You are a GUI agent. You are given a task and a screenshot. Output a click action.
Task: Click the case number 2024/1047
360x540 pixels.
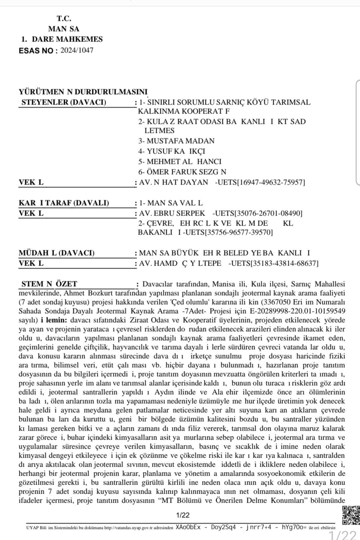(x=77, y=51)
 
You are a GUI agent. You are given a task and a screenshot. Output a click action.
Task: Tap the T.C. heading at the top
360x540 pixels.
(x=64, y=19)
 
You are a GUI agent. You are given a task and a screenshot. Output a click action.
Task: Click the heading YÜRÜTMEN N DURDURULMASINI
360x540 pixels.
(x=83, y=92)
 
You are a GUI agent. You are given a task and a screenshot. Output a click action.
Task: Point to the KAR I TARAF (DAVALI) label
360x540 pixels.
(x=64, y=203)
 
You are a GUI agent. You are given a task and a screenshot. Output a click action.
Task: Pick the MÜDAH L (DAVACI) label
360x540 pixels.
(x=57, y=253)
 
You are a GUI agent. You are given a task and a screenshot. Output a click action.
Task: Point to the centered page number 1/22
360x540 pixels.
(x=183, y=515)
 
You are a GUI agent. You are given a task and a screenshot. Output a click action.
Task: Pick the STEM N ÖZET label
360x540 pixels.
(x=49, y=284)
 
